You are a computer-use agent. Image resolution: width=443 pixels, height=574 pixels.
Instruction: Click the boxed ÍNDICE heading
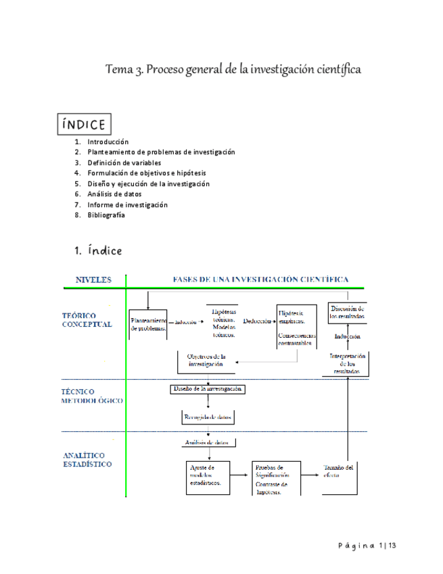click(x=83, y=125)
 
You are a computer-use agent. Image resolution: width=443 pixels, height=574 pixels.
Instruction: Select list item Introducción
click(x=108, y=141)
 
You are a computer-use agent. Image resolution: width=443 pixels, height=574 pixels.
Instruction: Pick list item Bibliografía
click(x=106, y=215)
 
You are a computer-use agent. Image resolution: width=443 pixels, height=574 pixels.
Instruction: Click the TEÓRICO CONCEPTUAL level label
click(x=87, y=319)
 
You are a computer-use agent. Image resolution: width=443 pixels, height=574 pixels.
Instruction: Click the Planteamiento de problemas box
click(x=148, y=324)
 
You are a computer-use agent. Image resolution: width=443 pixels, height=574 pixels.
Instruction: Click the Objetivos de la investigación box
click(x=206, y=360)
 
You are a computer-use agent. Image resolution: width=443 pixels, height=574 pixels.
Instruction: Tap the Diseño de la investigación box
click(x=206, y=389)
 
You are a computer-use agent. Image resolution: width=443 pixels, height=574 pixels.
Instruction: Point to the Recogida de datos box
click(x=208, y=418)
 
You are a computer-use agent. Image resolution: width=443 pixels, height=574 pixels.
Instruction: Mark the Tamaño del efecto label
click(x=339, y=471)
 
